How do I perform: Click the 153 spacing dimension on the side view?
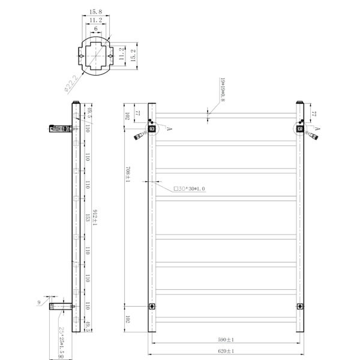(88, 218)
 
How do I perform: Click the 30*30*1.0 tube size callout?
(190, 188)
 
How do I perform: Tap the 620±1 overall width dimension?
(226, 352)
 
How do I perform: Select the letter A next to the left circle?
(169, 128)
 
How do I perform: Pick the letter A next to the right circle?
(317, 128)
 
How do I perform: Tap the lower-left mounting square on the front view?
(151, 307)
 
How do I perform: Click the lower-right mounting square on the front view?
(299, 307)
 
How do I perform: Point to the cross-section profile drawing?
(95, 58)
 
